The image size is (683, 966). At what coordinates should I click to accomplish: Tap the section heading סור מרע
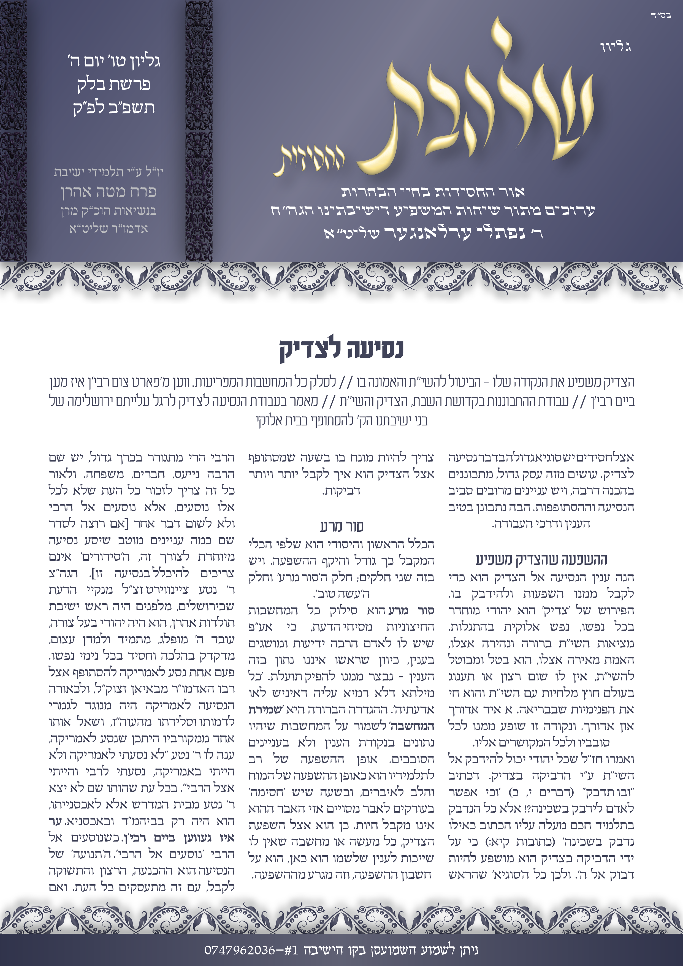[341, 526]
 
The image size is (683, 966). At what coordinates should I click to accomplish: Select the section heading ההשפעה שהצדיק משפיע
[541, 560]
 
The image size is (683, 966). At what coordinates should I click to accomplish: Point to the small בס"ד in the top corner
[661, 16]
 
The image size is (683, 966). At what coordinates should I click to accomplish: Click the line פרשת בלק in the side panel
[114, 85]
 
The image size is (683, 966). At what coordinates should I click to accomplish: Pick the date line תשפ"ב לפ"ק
[114, 108]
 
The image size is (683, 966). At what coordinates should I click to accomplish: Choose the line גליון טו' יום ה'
[114, 61]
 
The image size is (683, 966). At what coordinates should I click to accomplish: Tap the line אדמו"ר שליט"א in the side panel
[109, 229]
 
